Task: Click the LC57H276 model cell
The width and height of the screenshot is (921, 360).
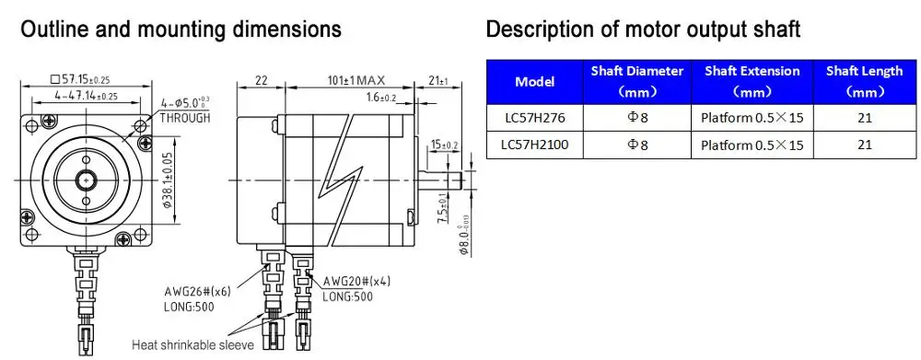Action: pyautogui.click(x=534, y=118)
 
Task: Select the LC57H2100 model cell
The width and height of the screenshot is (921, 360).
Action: pyautogui.click(x=534, y=145)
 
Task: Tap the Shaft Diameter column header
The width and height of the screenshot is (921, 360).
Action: pyautogui.click(x=636, y=82)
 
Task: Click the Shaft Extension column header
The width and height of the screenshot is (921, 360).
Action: pyautogui.click(x=752, y=82)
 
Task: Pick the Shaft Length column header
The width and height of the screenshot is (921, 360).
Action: pyautogui.click(x=864, y=82)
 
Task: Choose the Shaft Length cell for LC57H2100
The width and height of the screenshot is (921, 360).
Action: pyautogui.click(x=864, y=145)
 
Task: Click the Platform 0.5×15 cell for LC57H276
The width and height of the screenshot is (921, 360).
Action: pyautogui.click(x=752, y=118)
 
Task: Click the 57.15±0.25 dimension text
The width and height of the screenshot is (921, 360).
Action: pyautogui.click(x=81, y=78)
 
